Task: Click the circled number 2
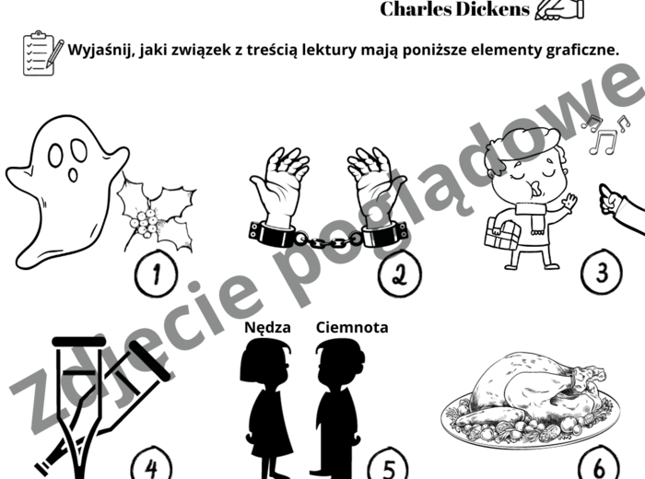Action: click(x=398, y=274)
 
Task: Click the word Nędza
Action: click(x=267, y=327)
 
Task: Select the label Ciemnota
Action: click(x=352, y=327)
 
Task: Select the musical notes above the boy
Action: click(x=603, y=136)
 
